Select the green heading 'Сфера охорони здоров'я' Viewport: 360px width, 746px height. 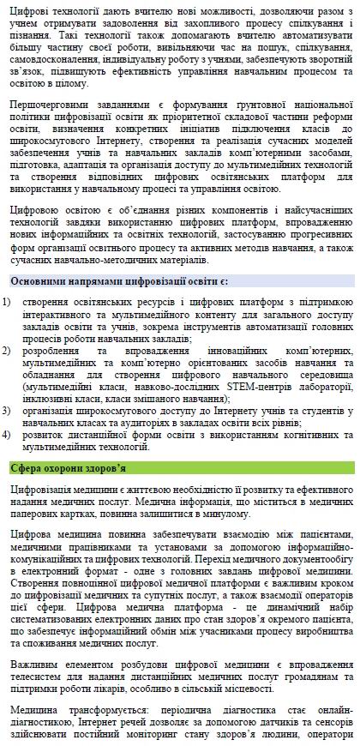tap(68, 467)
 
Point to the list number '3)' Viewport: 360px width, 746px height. tap(7, 411)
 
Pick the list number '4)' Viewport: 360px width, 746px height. tap(7, 434)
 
